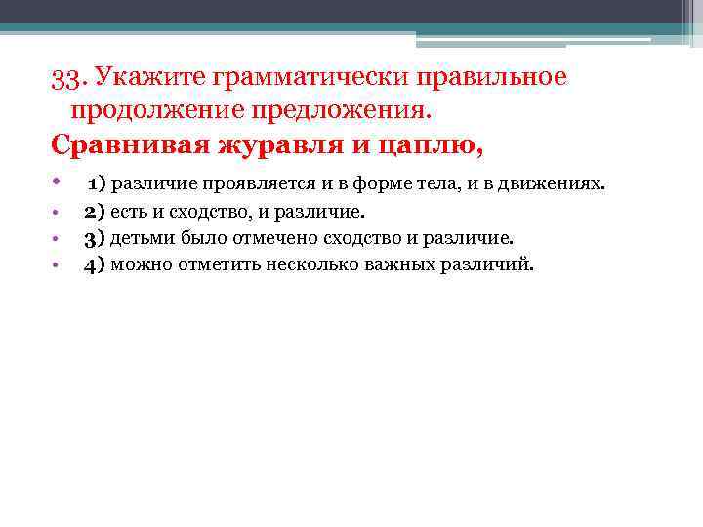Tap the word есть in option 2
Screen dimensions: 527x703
[128, 212]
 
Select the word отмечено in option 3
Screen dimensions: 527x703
[252, 238]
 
